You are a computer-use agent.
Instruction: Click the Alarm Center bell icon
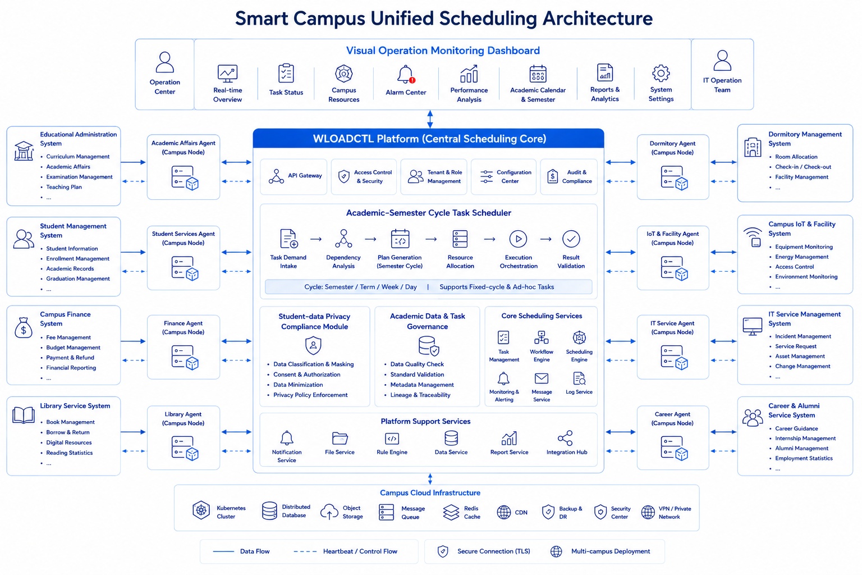pyautogui.click(x=406, y=74)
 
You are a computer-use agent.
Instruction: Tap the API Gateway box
pyautogui.click(x=294, y=176)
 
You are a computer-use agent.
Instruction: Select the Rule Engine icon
pyautogui.click(x=392, y=439)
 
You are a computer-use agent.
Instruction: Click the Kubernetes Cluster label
pyautogui.click(x=231, y=512)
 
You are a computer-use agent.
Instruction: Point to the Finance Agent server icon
pyautogui.click(x=185, y=358)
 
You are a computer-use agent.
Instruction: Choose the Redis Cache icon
pyautogui.click(x=451, y=512)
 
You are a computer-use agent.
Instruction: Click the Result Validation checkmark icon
pyautogui.click(x=571, y=239)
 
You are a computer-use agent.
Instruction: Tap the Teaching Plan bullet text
pyautogui.click(x=64, y=187)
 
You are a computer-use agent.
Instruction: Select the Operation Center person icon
pyautogui.click(x=164, y=62)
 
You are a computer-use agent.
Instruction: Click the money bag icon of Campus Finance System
pyautogui.click(x=24, y=328)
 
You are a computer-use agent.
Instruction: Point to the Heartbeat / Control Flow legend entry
pyautogui.click(x=345, y=551)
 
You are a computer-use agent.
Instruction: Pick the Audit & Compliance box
pyautogui.click(x=568, y=176)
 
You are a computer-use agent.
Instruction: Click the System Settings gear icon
pyautogui.click(x=661, y=73)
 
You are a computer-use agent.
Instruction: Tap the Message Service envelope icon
pyautogui.click(x=542, y=378)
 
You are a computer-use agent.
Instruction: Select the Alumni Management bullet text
pyautogui.click(x=801, y=448)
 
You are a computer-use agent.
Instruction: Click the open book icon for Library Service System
pyautogui.click(x=24, y=415)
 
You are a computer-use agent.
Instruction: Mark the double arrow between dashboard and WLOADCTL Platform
pyautogui.click(x=430, y=119)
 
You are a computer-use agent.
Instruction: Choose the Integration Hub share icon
pyautogui.click(x=566, y=438)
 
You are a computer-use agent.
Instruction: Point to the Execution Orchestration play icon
pyautogui.click(x=519, y=239)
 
